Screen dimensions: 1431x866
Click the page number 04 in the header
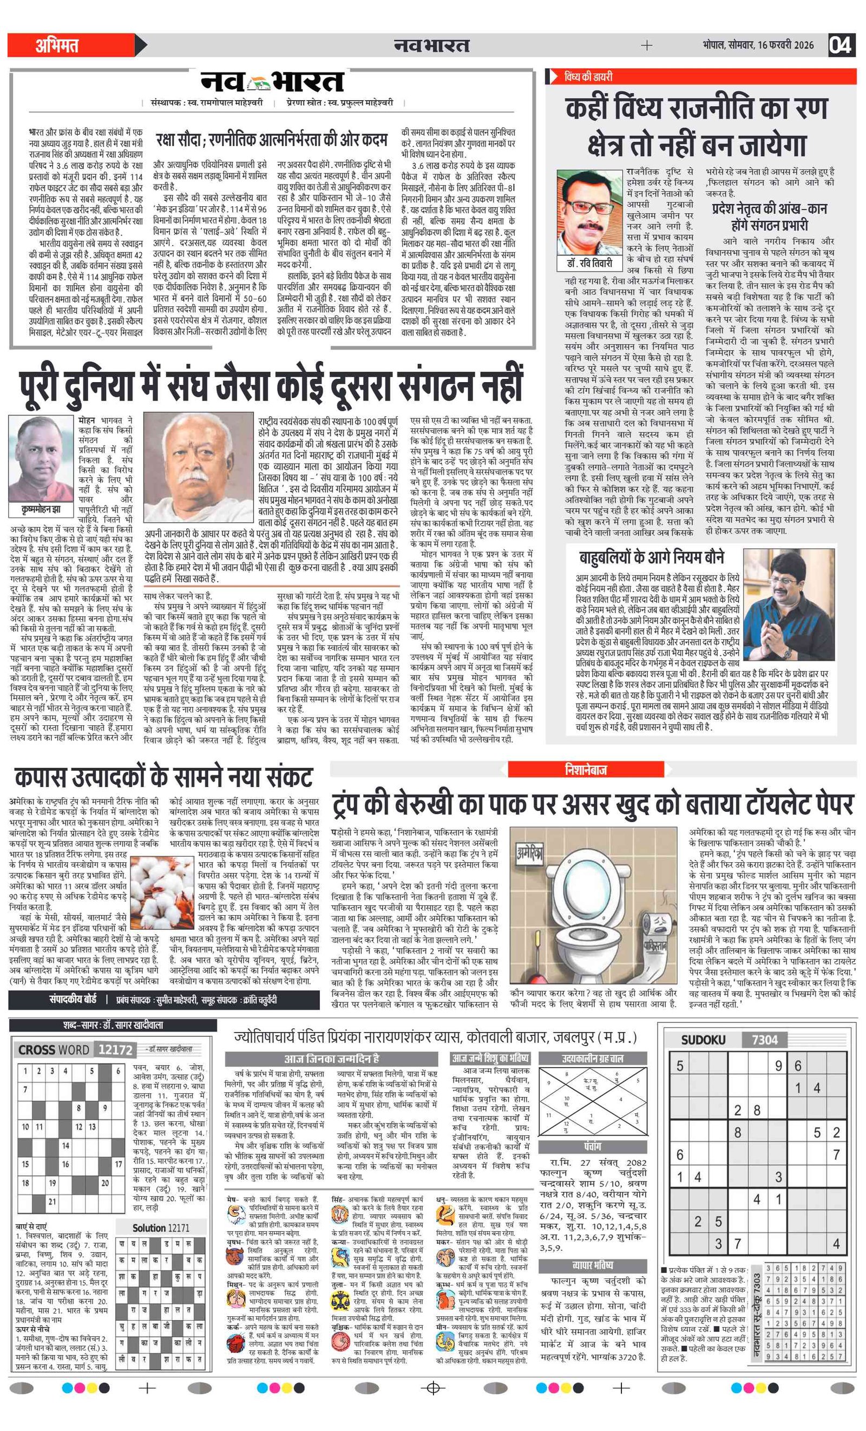point(841,45)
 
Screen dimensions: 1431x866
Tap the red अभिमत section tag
point(57,45)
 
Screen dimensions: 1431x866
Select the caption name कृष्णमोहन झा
point(41,509)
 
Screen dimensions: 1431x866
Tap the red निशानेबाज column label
point(586,770)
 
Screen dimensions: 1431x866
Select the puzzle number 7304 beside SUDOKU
point(764,1040)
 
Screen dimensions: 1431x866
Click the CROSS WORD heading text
point(54,1049)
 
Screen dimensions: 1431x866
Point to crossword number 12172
point(115,1049)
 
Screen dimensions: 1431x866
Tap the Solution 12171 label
point(160,1227)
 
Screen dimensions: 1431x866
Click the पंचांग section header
point(593,1146)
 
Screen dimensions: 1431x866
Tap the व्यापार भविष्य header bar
point(593,1265)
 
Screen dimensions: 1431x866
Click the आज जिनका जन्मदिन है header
point(332,1058)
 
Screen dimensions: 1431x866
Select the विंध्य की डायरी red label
point(588,76)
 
